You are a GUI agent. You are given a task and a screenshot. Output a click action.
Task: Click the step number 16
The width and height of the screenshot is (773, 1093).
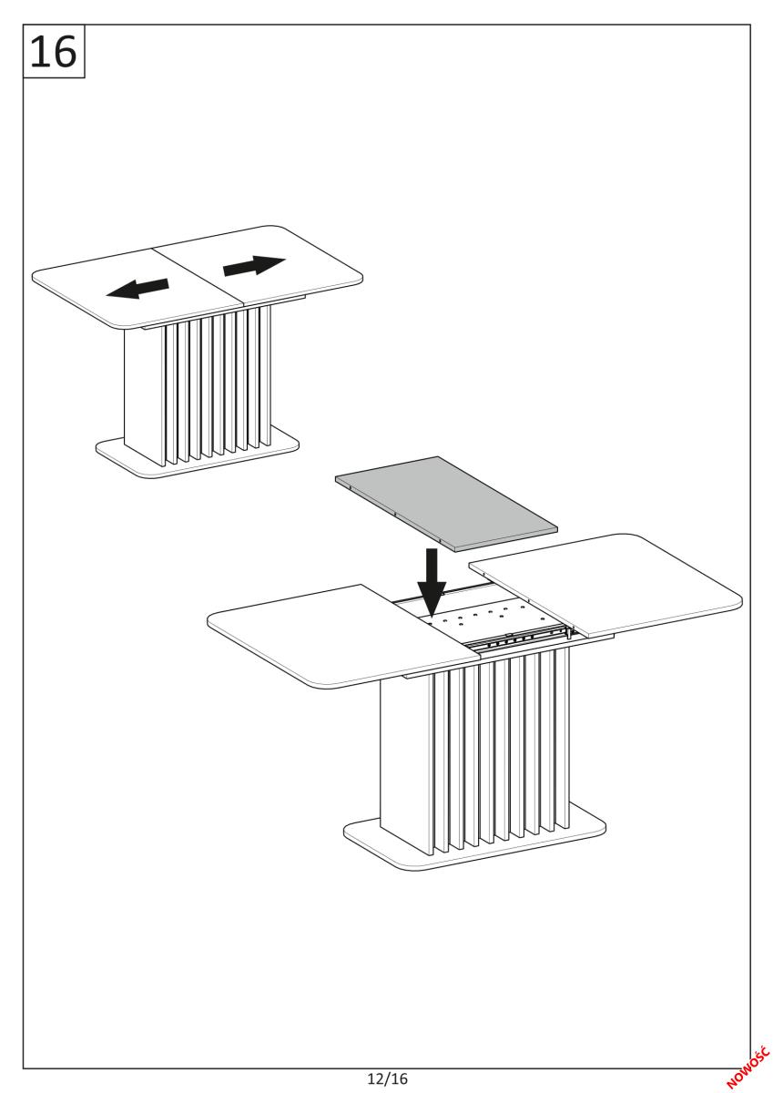tap(53, 52)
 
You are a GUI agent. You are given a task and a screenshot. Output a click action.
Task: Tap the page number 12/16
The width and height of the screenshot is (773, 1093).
tap(388, 1078)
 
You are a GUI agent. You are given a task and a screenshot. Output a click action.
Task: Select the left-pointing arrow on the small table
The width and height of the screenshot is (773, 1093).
tap(137, 288)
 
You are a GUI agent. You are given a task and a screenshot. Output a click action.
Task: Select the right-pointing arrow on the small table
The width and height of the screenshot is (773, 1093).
tap(254, 265)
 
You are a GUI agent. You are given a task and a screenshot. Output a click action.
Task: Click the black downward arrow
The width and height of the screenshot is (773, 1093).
tap(432, 582)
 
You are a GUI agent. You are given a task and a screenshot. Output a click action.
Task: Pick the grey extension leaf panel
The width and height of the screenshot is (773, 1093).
tap(446, 504)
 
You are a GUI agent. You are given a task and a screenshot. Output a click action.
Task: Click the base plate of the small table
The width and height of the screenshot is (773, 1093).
tap(197, 457)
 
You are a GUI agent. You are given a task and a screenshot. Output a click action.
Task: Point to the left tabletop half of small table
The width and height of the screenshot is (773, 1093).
tap(138, 288)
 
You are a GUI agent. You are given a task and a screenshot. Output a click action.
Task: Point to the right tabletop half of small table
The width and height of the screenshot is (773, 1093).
tap(259, 265)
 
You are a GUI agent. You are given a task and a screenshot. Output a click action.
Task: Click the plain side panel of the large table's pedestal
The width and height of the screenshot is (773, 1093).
tap(406, 763)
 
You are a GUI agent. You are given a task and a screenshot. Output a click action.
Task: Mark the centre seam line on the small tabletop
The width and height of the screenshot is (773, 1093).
tap(198, 278)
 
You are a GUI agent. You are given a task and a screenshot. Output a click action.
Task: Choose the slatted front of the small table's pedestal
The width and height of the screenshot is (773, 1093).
tap(219, 385)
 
